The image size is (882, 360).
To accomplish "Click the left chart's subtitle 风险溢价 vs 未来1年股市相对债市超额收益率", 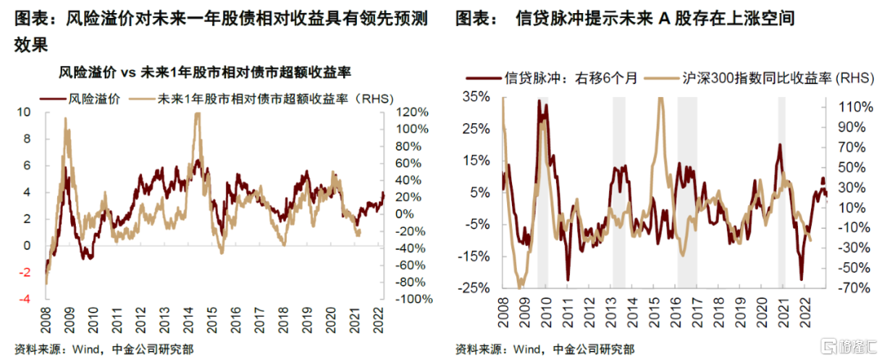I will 205,73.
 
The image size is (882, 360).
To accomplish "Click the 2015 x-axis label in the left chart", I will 212,318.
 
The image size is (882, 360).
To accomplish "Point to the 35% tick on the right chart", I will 477,97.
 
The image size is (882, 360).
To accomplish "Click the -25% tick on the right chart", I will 475,288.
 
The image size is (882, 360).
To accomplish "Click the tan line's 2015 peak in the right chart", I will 659,99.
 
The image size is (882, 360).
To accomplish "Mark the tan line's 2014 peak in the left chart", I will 197,114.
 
